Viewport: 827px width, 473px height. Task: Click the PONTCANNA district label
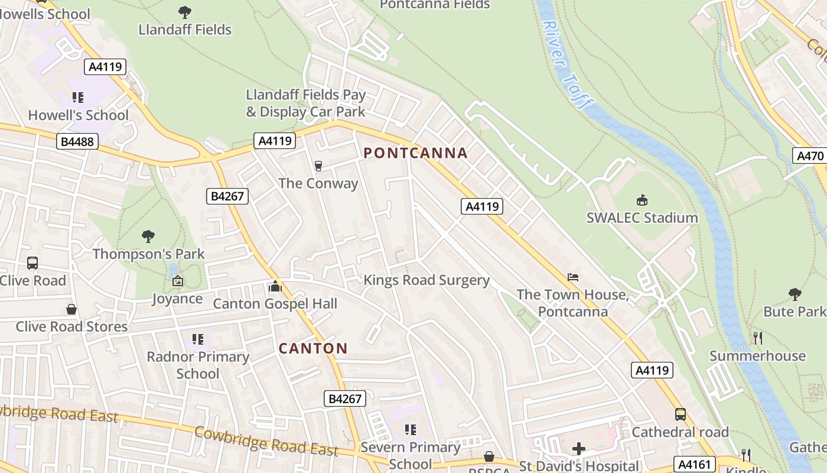coord(415,153)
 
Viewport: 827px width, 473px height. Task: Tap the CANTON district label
coord(313,348)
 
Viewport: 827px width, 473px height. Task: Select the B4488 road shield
coord(77,142)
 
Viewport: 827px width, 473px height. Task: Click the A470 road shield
coord(810,156)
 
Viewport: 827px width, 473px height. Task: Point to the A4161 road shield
coord(695,464)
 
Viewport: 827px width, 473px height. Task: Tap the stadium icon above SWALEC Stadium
coord(642,200)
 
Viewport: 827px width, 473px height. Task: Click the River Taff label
coord(566,65)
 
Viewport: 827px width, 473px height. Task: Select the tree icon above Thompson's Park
coord(148,237)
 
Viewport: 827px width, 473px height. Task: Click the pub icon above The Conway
coord(318,166)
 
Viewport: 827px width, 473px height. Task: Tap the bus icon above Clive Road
coord(32,263)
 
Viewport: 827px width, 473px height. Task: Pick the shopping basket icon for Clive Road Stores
coord(71,309)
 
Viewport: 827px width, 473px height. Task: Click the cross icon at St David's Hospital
coord(578,449)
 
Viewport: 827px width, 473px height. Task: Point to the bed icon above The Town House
coord(572,277)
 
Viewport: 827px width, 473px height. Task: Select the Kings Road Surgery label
coord(426,280)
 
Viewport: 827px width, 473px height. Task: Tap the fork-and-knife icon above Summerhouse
coord(758,338)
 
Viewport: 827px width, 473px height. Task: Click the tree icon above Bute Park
coord(795,294)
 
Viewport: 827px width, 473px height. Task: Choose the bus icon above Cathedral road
coord(680,414)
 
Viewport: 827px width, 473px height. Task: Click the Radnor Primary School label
coord(198,365)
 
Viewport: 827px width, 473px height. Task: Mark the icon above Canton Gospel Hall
coord(275,287)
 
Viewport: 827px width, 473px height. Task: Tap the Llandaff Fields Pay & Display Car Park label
coord(305,103)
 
